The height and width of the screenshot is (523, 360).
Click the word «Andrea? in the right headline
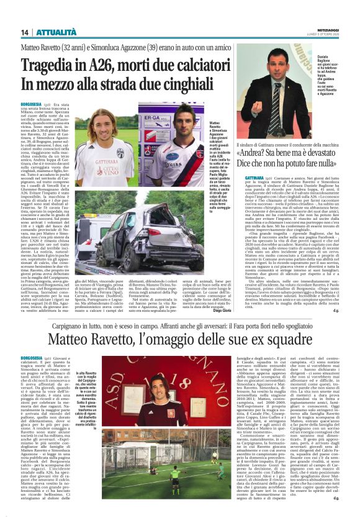259,153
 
